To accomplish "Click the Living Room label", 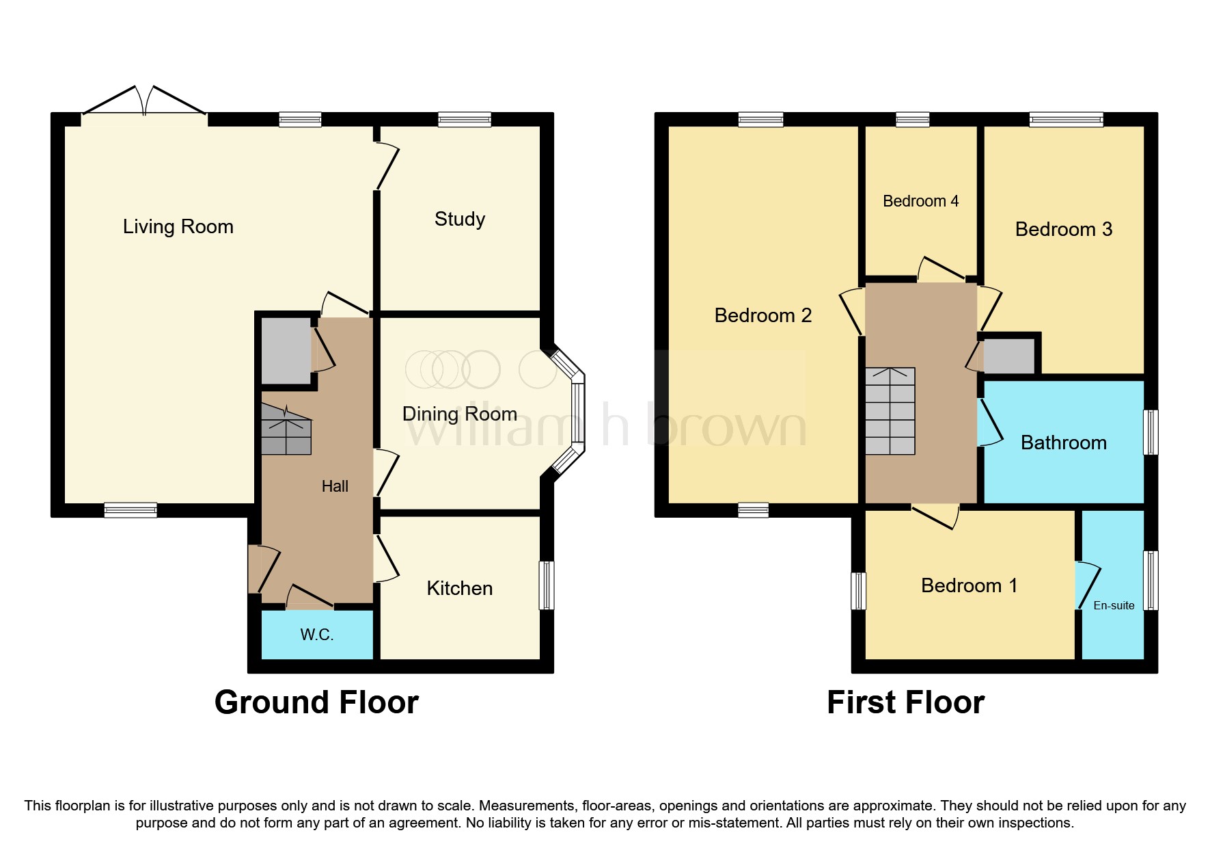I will click(x=178, y=226).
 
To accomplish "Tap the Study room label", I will click(x=460, y=219).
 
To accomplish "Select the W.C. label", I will click(x=317, y=635).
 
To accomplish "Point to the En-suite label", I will click(x=1114, y=605).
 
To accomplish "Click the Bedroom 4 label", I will click(x=920, y=201).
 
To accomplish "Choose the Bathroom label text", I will click(x=1063, y=442).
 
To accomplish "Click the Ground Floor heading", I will click(x=316, y=702).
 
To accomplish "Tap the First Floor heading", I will click(x=905, y=702).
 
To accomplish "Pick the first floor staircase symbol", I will click(x=890, y=411).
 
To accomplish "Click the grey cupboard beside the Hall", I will click(x=286, y=351).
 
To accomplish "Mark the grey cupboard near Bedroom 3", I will click(x=1009, y=356).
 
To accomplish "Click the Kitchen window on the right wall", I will click(x=547, y=585).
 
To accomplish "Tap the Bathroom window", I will click(x=1151, y=432).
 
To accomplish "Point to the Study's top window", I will click(x=465, y=120).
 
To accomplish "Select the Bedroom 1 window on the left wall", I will click(x=858, y=590).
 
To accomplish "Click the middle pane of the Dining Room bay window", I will click(x=578, y=413).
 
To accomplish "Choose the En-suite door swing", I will click(x=1088, y=585).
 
